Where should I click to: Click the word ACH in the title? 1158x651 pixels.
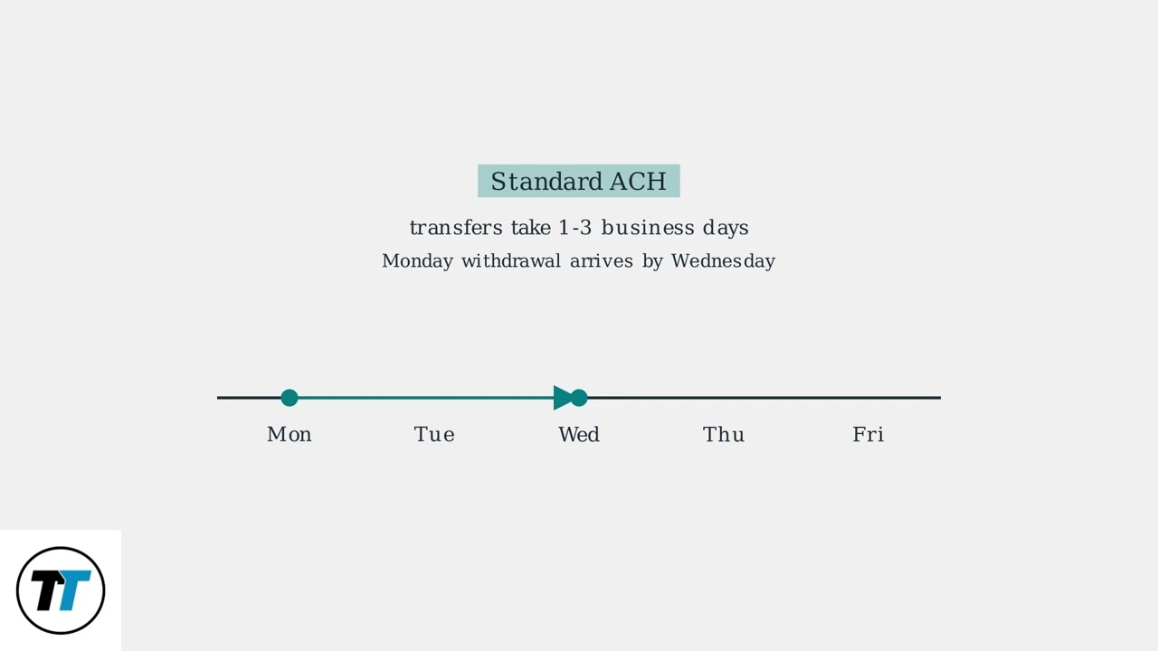638,182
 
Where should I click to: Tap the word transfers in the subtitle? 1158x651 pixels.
456,228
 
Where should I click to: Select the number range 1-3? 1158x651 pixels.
574,228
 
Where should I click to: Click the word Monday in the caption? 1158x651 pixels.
417,261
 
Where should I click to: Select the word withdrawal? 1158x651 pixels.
511,261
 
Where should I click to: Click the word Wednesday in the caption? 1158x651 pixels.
723,261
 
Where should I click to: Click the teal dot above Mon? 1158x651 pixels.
289,398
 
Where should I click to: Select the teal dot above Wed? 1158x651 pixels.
580,398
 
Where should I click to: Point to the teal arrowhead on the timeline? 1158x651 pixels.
562,398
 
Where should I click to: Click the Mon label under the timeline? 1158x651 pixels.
289,435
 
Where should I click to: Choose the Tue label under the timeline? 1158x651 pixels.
434,435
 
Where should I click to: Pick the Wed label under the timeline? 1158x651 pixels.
579,435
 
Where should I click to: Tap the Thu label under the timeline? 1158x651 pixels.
724,435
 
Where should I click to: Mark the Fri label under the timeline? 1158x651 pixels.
868,435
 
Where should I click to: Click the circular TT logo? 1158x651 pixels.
61,590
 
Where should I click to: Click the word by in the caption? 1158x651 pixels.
652,261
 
